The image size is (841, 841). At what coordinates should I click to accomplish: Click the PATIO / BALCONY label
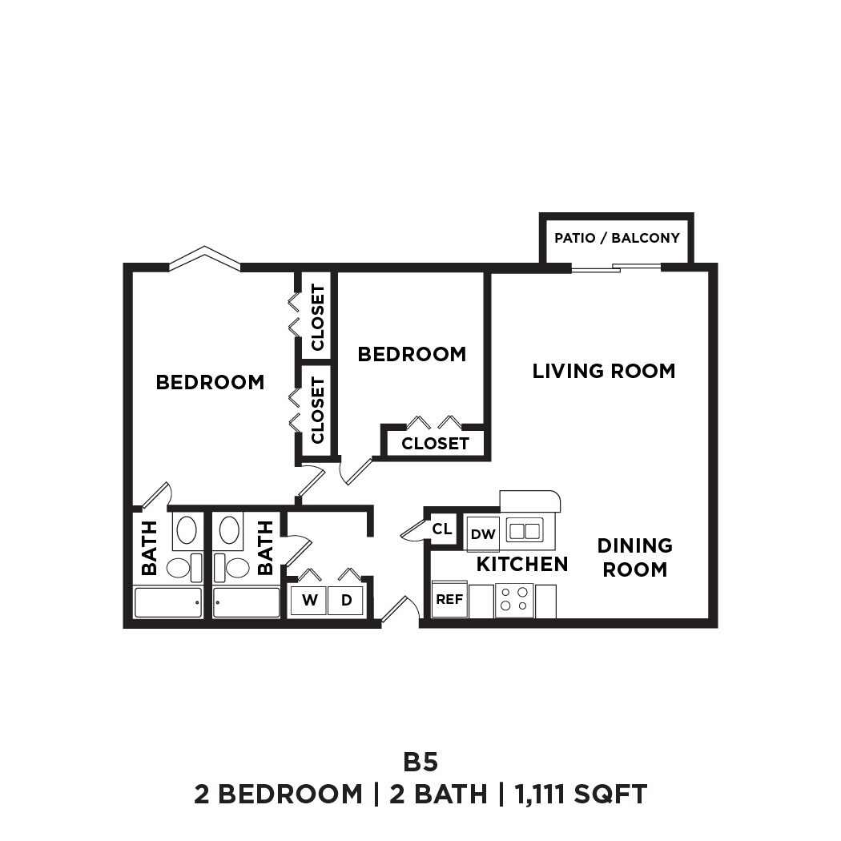tap(617, 238)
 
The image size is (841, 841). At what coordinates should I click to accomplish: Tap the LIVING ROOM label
tap(604, 371)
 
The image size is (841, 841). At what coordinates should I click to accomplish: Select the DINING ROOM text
tap(634, 557)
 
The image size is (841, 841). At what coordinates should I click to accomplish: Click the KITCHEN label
tap(522, 564)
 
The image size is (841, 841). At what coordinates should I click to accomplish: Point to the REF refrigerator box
tap(449, 599)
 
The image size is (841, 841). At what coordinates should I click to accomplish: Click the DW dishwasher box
tap(483, 534)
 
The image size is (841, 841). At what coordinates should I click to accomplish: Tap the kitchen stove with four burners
tap(514, 600)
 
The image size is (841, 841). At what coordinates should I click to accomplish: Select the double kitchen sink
tap(525, 530)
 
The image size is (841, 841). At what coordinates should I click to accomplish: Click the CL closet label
tap(441, 529)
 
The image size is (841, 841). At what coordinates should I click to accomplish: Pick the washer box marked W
tap(308, 599)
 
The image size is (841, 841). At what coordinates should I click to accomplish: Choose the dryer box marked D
tap(346, 599)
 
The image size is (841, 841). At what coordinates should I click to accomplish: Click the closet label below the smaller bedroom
tap(435, 443)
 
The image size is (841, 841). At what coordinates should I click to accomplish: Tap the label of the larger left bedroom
tap(210, 382)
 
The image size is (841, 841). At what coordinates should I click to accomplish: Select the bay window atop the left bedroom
tap(205, 257)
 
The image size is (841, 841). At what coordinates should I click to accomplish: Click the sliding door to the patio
tap(617, 268)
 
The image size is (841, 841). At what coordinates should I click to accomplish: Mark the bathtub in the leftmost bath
tap(168, 602)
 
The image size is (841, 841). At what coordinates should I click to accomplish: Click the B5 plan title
tap(420, 761)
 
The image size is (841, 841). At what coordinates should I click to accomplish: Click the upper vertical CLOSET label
tap(317, 317)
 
